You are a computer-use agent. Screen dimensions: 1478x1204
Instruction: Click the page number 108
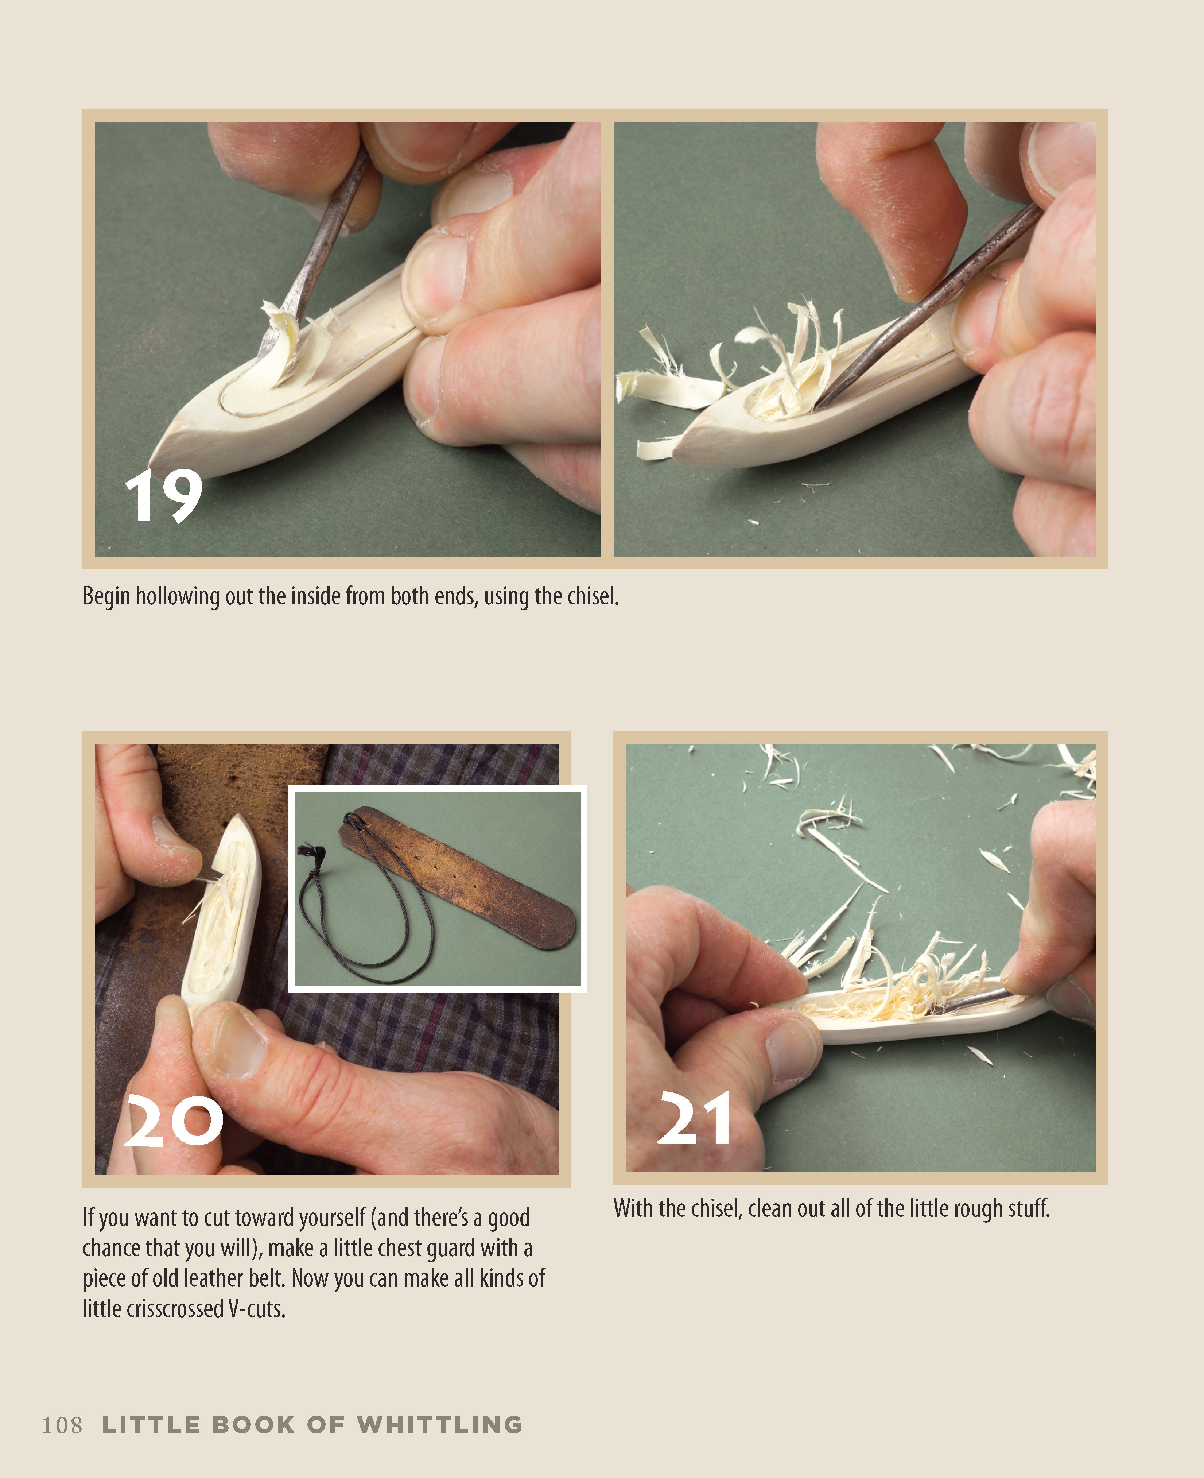[62, 1425]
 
